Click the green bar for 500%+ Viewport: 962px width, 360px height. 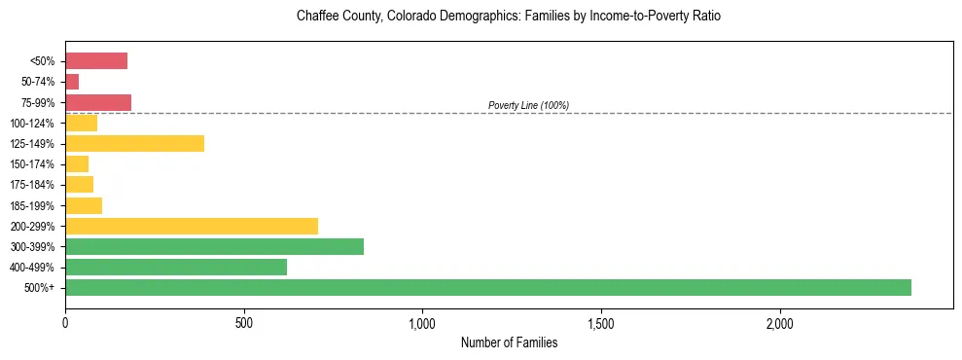point(487,287)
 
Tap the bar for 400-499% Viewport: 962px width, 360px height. point(176,267)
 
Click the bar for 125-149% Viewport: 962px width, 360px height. point(134,144)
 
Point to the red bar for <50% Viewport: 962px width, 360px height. point(96,61)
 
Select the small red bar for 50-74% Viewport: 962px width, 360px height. point(72,82)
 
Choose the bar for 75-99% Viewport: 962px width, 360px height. point(98,102)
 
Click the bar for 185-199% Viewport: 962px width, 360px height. point(84,205)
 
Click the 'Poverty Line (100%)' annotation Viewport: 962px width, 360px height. point(528,105)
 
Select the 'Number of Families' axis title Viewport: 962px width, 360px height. point(509,342)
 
